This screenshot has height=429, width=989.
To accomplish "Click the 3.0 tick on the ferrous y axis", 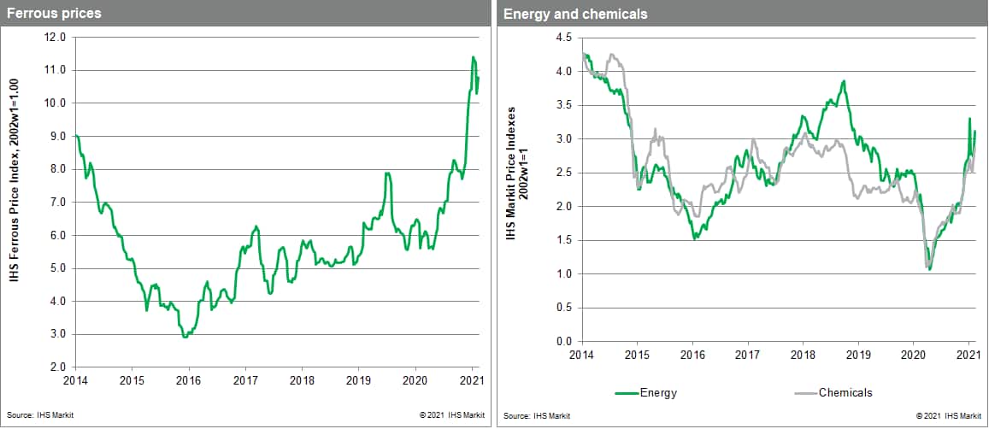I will coord(57,334).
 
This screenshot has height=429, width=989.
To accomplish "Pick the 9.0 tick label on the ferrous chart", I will coord(57,136).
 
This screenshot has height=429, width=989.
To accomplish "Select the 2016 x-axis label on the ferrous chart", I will coord(188,379).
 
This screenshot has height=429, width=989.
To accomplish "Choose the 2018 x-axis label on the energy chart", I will coord(802,355).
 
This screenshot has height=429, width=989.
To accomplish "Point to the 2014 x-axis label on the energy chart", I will coord(581,355).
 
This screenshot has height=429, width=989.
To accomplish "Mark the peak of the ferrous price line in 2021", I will coord(474,57).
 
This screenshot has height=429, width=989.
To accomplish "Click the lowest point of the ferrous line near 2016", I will coord(185,337).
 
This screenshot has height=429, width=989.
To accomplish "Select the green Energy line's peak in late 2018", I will coord(844,81).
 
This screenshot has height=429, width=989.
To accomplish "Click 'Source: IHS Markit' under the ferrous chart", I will coord(34,415).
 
